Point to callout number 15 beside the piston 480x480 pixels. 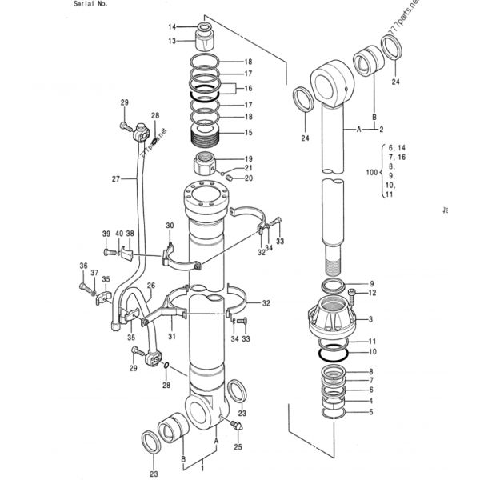[248, 132]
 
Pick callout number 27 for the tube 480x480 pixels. [117, 179]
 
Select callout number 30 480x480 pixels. [170, 226]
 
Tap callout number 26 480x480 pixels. [150, 286]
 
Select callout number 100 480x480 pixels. [370, 172]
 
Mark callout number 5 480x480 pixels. [370, 412]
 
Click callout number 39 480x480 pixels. [106, 233]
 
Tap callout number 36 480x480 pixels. [82, 266]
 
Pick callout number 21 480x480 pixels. [249, 168]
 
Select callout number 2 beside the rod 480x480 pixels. [382, 129]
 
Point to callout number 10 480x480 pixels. [370, 352]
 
